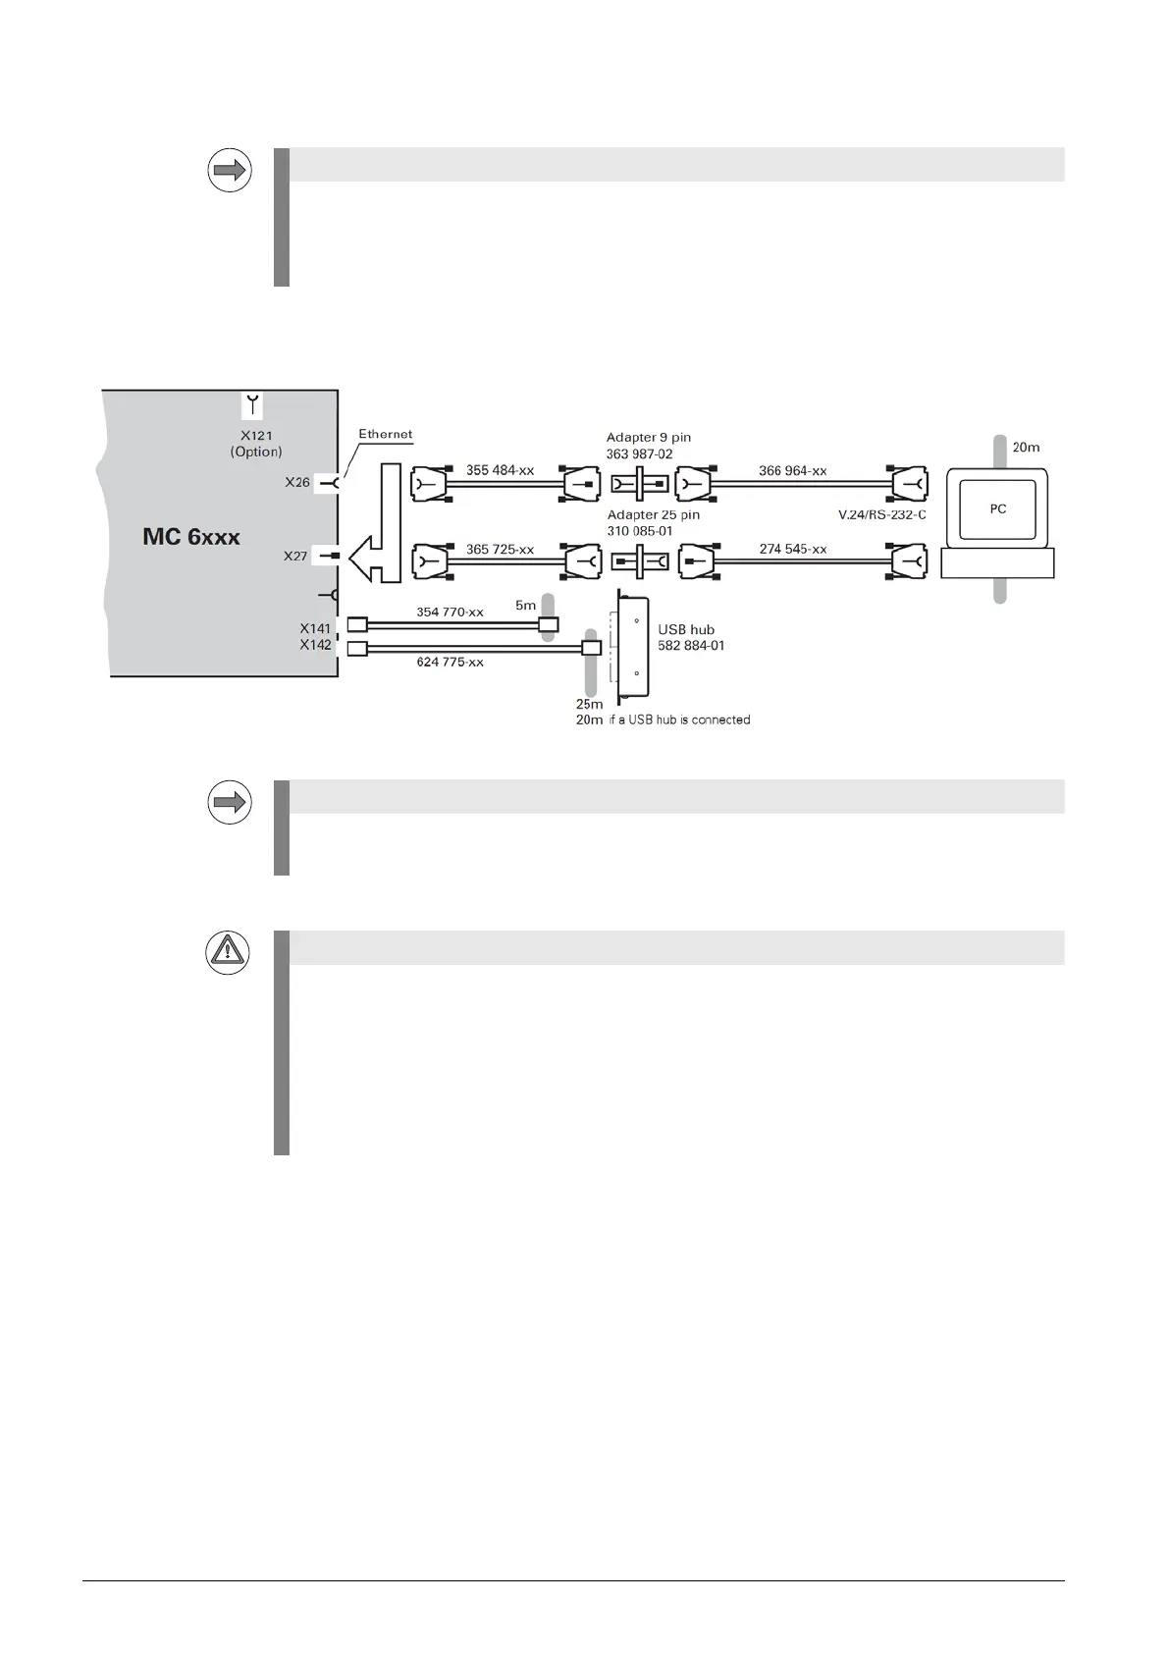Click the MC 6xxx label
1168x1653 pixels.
191,537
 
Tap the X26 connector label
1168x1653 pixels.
297,482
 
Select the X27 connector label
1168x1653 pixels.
295,557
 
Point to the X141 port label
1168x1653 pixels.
316,628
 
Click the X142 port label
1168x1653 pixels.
316,645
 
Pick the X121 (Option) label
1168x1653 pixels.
256,444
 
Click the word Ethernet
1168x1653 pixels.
385,434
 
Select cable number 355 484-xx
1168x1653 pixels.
500,470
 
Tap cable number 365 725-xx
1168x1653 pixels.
500,550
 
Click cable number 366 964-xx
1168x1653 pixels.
792,471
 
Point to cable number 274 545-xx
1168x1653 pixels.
792,550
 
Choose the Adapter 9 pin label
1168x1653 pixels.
649,438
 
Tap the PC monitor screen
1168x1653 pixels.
997,508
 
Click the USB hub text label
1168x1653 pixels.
686,629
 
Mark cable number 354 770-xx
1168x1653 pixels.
450,613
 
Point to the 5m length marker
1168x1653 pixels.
526,606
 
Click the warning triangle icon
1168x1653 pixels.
228,952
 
